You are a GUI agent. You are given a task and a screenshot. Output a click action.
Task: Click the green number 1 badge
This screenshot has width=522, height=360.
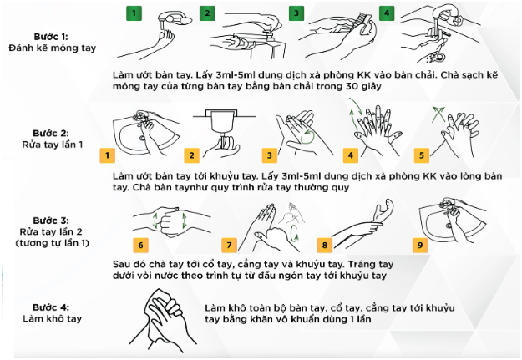[134, 13]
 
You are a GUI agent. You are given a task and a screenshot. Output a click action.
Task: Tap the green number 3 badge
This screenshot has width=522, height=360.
[296, 13]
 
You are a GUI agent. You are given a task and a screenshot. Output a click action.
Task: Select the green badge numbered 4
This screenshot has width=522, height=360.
[387, 13]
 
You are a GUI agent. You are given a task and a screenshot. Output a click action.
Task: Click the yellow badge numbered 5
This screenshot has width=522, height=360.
[422, 155]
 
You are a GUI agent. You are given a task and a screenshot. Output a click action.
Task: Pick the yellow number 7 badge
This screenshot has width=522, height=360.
[229, 246]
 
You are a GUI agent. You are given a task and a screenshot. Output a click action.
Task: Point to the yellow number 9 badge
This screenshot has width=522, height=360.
[420, 246]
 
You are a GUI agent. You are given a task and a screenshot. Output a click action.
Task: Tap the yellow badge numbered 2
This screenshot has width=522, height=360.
[192, 155]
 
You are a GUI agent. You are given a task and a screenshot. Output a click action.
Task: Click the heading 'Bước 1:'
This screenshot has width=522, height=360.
[51, 36]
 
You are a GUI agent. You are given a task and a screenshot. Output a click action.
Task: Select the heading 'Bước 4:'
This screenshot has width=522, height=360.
[51, 307]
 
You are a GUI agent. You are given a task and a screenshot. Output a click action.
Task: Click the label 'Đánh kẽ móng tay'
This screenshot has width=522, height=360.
[53, 48]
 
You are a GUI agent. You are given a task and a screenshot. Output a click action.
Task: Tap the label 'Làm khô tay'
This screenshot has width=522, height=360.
[53, 318]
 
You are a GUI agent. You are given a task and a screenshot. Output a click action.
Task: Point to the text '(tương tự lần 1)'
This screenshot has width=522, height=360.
[53, 243]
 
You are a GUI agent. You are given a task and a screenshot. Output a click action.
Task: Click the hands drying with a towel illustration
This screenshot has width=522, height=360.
[163, 320]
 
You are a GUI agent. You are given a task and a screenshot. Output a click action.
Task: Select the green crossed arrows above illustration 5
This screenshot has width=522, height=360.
[438, 114]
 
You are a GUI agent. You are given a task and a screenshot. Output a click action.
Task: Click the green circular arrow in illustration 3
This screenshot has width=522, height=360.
[307, 137]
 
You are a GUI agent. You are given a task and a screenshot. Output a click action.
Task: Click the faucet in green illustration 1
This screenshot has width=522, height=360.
[175, 18]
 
